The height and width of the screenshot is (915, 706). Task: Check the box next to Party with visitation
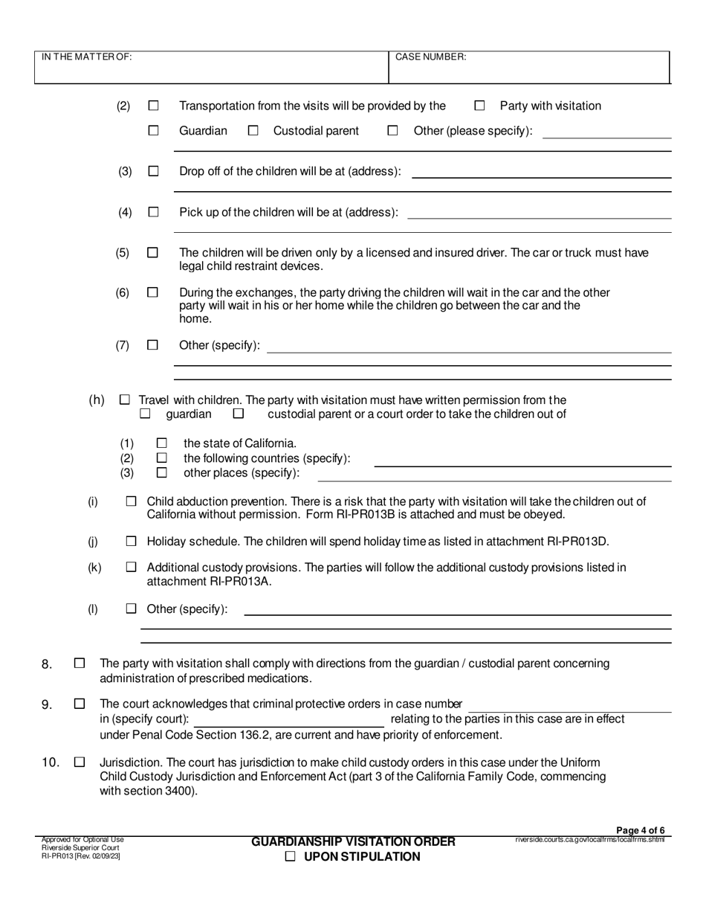tap(479, 106)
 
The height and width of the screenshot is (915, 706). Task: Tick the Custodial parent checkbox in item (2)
tap(253, 131)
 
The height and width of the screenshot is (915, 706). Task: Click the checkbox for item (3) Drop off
tap(153, 171)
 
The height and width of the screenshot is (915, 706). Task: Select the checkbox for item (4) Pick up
tap(153, 212)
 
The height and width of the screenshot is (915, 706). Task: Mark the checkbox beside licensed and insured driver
tap(153, 253)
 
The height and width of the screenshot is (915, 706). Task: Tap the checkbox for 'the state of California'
tap(162, 443)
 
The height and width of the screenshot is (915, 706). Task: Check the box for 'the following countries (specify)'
tap(162, 458)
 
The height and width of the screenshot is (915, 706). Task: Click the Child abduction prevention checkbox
tap(132, 502)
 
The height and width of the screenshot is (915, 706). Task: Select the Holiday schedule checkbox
tap(132, 541)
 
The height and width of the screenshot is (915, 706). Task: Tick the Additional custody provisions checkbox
tap(132, 568)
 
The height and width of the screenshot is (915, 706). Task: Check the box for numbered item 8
tap(80, 663)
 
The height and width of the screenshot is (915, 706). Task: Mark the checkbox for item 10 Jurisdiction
tap(80, 762)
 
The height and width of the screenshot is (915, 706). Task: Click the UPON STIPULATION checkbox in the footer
tap(291, 856)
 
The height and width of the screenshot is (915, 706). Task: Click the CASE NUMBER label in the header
tap(430, 57)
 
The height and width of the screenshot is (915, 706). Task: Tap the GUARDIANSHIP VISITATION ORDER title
tap(353, 841)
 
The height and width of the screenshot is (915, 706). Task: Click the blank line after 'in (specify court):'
tap(289, 719)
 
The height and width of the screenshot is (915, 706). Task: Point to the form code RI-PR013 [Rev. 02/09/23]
tap(81, 856)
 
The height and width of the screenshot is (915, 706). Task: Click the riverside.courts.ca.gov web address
tap(589, 840)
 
